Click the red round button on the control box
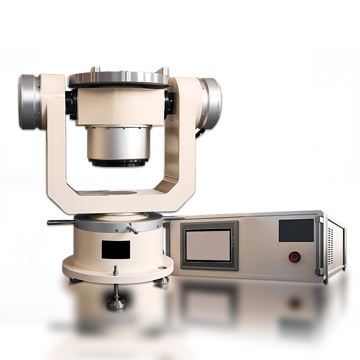294,256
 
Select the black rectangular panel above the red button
296,230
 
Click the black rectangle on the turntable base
116,249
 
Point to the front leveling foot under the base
116,301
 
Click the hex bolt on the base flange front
116,270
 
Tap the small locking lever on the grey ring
132,229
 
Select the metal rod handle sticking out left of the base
61,221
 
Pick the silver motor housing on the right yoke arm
210,103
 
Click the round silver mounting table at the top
119,79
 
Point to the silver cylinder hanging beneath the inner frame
119,144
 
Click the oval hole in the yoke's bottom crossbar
119,193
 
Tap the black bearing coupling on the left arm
71,103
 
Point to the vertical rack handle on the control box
320,245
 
